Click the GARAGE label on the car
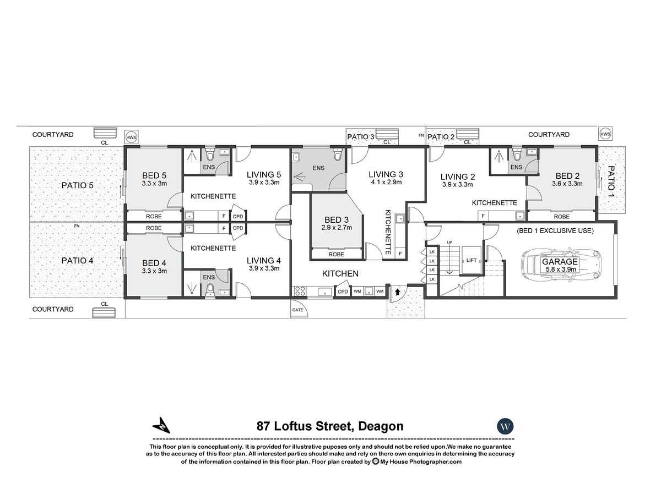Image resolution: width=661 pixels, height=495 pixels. tap(560, 261)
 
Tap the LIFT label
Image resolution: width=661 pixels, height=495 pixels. tap(472, 260)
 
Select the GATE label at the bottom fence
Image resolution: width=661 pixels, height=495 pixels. tap(297, 310)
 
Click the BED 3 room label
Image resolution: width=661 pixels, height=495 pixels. tap(337, 219)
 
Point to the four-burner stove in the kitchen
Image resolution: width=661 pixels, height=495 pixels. tap(300, 291)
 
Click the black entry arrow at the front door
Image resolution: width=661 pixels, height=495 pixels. tap(398, 291)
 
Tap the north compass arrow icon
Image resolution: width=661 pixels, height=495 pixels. tap(161, 425)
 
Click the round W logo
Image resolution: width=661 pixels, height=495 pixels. tap(505, 426)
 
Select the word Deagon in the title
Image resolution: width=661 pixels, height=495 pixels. tap(381, 426)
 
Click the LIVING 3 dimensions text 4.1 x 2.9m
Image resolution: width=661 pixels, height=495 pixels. tap(386, 182)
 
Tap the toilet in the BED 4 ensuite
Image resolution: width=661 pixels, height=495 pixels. tap(210, 289)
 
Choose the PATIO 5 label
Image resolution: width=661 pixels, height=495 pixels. tap(78, 185)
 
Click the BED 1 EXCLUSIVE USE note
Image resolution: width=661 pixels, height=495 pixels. tap(555, 231)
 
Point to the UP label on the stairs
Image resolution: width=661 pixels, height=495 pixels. tap(449, 242)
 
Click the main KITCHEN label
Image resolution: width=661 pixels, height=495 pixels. tap(340, 273)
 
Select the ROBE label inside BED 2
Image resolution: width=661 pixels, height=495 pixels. tap(562, 216)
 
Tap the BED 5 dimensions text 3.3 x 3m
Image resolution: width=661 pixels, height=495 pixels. tap(154, 183)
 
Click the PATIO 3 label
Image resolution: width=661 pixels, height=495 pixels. tap(360, 137)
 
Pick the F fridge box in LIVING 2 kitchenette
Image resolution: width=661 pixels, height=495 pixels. tap(483, 216)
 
